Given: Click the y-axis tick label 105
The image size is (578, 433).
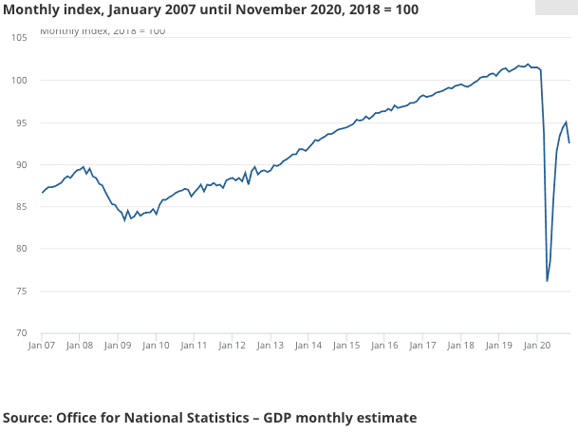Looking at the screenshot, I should coord(19,38).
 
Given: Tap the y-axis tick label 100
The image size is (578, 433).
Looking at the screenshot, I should coord(19,81).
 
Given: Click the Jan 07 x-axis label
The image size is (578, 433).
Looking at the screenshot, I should coord(42,347).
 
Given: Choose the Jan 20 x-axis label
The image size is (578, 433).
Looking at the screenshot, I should coord(537,347).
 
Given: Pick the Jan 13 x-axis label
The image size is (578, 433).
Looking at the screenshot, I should coord(270,347).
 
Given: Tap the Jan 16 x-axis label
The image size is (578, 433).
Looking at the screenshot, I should coord(384,347).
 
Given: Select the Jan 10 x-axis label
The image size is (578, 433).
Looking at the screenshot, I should coord(156,347).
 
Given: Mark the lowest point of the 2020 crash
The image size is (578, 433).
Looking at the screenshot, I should coord(548,281).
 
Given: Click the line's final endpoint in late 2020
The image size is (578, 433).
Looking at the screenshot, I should coord(569,142).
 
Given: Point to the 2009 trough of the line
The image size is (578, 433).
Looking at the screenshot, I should coord(124,219).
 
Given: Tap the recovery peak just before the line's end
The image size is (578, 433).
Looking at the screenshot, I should coord(567,122).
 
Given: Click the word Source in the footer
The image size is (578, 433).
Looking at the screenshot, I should coord(26,417).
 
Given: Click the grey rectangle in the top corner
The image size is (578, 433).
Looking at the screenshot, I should coord(556,7).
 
